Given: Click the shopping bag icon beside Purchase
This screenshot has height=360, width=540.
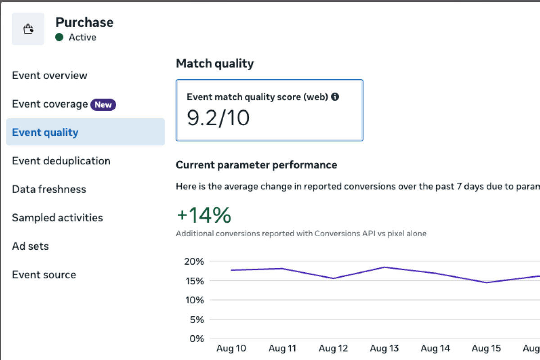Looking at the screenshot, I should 28,29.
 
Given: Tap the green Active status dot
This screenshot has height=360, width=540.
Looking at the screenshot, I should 59,37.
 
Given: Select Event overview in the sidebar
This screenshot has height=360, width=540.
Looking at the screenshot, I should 49,75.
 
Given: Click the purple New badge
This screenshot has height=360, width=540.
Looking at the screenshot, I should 103,105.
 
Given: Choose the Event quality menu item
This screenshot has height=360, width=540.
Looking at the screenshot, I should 45,132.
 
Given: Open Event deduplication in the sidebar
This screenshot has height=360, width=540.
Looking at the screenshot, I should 61,161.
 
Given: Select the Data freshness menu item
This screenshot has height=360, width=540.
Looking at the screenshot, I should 49,189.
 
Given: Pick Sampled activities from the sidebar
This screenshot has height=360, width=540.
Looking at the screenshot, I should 57,218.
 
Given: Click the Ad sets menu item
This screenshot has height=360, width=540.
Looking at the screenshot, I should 30,246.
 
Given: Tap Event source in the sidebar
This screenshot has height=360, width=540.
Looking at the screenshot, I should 44,274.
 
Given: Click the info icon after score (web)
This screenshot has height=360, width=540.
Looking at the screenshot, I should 335,96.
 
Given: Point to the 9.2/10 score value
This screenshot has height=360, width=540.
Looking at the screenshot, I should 218,118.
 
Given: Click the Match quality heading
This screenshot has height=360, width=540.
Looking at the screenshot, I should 215,64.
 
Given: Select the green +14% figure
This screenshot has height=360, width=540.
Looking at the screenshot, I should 204,216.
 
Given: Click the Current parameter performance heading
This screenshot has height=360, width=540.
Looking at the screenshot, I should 256,165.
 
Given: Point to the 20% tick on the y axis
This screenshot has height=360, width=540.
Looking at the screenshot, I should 194,261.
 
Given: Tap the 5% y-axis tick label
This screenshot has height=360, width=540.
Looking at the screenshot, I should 196,319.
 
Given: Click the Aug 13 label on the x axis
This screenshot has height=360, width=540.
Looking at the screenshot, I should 384,348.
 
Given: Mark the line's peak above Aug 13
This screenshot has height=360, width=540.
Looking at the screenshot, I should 384,267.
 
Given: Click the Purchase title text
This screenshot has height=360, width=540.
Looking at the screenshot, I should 84,22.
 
